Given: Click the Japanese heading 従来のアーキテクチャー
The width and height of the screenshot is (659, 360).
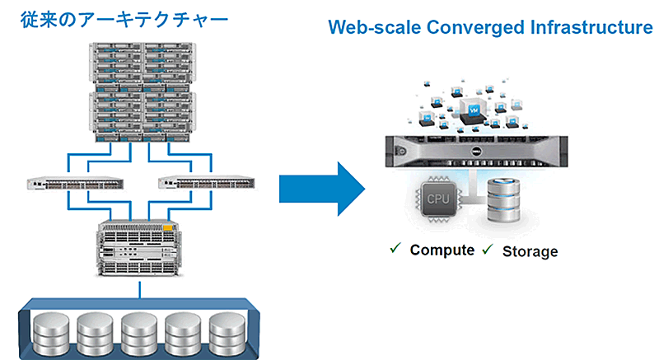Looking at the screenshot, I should [124, 17].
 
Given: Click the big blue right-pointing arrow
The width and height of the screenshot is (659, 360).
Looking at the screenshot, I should [322, 189].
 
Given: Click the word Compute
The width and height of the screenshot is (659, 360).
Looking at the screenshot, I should [442, 250].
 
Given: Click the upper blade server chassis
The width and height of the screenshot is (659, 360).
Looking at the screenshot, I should [143, 63].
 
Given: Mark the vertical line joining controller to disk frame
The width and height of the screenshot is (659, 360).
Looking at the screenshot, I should [142, 288].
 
